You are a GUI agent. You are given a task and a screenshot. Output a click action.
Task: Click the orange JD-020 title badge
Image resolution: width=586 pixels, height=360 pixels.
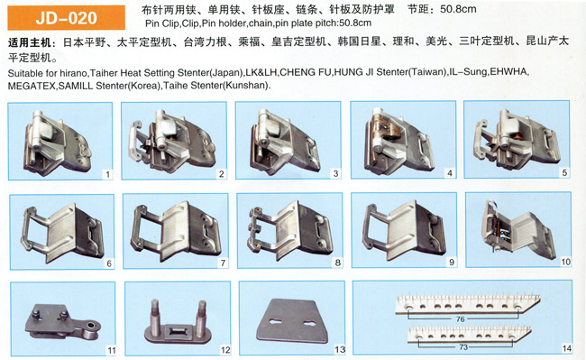pyautogui.click(x=67, y=17)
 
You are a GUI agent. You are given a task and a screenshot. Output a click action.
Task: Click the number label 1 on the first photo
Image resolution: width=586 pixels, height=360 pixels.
pyautogui.click(x=107, y=174)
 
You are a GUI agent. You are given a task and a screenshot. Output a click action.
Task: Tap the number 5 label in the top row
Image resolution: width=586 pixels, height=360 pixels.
pyautogui.click(x=564, y=172)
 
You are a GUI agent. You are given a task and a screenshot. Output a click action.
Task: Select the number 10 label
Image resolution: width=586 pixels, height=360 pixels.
pyautogui.click(x=565, y=262)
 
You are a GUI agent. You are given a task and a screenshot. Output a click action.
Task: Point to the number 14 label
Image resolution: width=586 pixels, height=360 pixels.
pyautogui.click(x=566, y=348)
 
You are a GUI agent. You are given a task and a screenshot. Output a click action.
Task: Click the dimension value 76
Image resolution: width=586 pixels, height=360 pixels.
pyautogui.click(x=460, y=318)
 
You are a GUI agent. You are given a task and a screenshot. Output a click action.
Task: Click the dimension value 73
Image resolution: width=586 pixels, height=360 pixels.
pyautogui.click(x=463, y=346)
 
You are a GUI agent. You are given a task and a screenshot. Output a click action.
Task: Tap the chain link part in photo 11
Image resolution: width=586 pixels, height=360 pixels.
pyautogui.click(x=63, y=323)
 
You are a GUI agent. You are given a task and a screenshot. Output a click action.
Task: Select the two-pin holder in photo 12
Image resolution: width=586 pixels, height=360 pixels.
pyautogui.click(x=178, y=324)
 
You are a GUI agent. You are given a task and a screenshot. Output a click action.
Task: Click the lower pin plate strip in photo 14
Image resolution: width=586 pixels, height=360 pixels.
pyautogui.click(x=470, y=333)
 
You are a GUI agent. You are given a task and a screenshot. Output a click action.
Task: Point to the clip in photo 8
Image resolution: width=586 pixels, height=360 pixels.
pyautogui.click(x=289, y=231)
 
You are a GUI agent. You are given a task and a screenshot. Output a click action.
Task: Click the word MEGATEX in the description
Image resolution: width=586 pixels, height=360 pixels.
pyautogui.click(x=32, y=86)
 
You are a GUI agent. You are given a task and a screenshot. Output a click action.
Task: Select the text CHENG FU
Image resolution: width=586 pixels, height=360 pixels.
pyautogui.click(x=305, y=72)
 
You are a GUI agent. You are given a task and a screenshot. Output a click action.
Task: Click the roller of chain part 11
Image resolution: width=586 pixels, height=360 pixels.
pyautogui.click(x=91, y=328)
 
